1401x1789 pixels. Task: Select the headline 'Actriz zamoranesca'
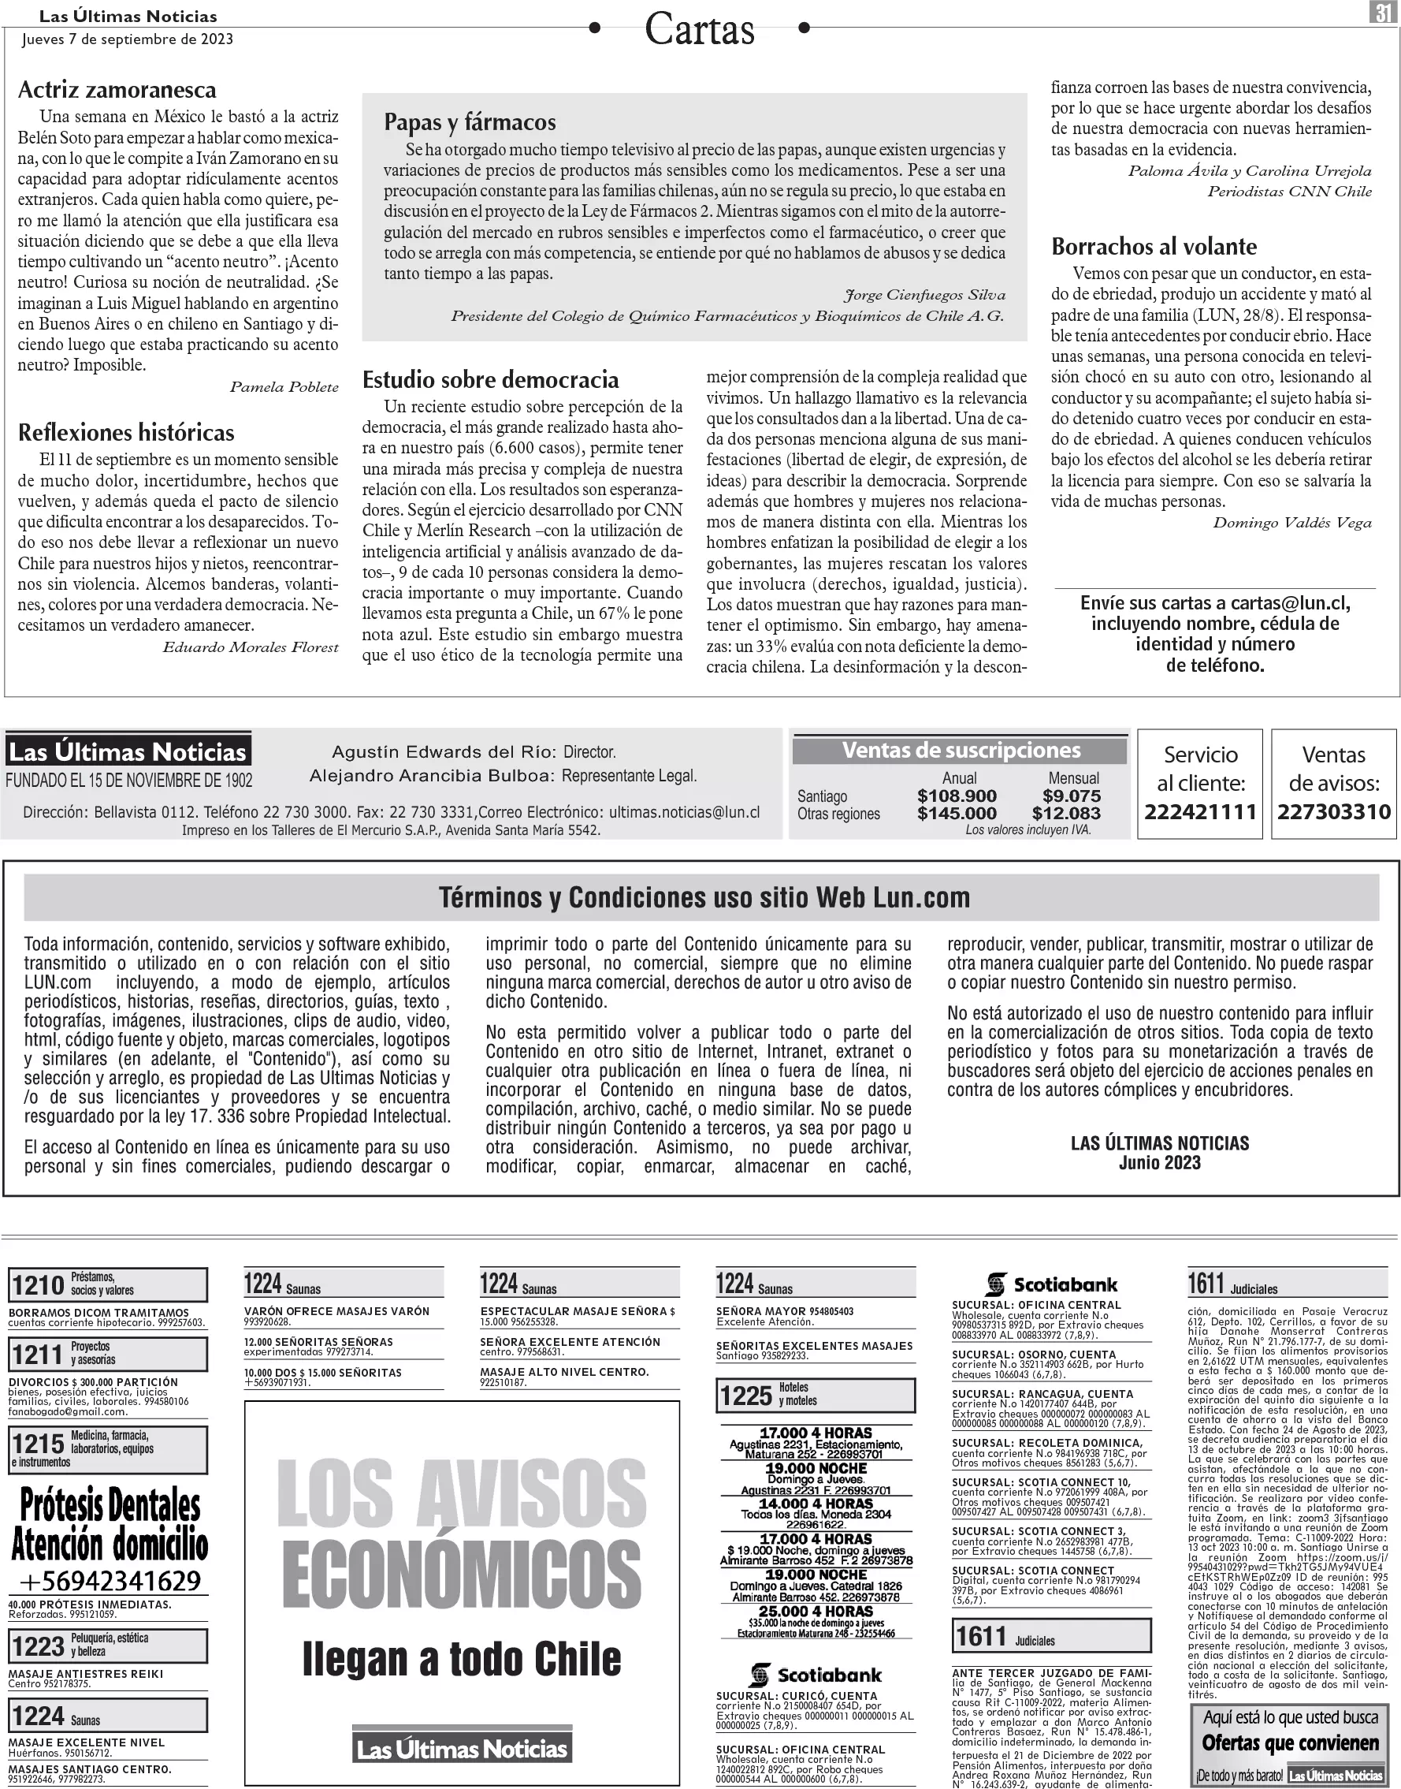click(117, 89)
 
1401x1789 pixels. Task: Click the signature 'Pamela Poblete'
click(284, 386)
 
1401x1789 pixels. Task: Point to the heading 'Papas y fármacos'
click(470, 122)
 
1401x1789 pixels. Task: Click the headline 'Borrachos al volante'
click(1154, 246)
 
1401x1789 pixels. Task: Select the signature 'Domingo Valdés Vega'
click(1292, 523)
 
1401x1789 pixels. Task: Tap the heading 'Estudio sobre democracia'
click(491, 379)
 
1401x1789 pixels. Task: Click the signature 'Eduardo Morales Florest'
click(251, 647)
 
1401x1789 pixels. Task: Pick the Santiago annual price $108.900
click(957, 796)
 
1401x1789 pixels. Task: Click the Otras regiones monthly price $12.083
click(1066, 813)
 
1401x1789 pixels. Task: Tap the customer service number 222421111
click(1201, 811)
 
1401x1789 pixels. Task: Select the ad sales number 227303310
click(1334, 811)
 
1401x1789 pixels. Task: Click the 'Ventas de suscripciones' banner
click(961, 750)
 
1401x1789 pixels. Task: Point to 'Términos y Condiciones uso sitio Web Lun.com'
click(704, 898)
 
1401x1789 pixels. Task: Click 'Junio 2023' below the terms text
click(1159, 1162)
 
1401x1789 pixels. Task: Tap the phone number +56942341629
click(109, 1580)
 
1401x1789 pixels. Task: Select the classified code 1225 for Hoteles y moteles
click(746, 1395)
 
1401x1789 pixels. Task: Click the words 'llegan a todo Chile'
click(462, 1659)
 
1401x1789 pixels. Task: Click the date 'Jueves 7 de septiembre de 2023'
click(127, 39)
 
